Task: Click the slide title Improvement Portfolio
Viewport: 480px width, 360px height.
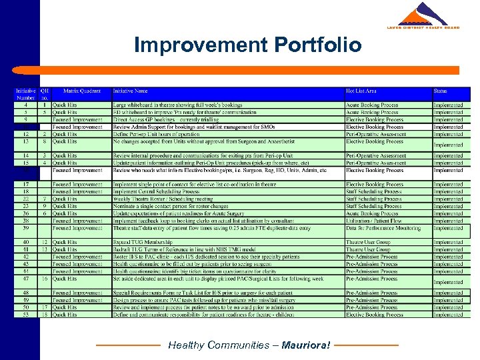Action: pyautogui.click(x=247, y=45)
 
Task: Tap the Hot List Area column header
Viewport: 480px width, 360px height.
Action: pyautogui.click(x=361, y=91)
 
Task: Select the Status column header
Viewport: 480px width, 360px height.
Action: pyautogui.click(x=441, y=91)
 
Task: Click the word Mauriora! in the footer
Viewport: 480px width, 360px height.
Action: pyautogui.click(x=305, y=345)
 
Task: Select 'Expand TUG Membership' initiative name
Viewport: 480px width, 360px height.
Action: pyautogui.click(x=139, y=242)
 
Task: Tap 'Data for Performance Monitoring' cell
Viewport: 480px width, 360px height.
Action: pyautogui.click(x=383, y=228)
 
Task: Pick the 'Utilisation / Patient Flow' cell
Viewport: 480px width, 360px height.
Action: pyautogui.click(x=373, y=221)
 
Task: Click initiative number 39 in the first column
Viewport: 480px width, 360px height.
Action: pyautogui.click(x=25, y=228)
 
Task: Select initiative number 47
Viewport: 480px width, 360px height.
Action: pyautogui.click(x=25, y=279)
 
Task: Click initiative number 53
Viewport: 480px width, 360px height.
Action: pyautogui.click(x=25, y=315)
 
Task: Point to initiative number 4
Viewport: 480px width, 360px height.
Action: pyautogui.click(x=25, y=105)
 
